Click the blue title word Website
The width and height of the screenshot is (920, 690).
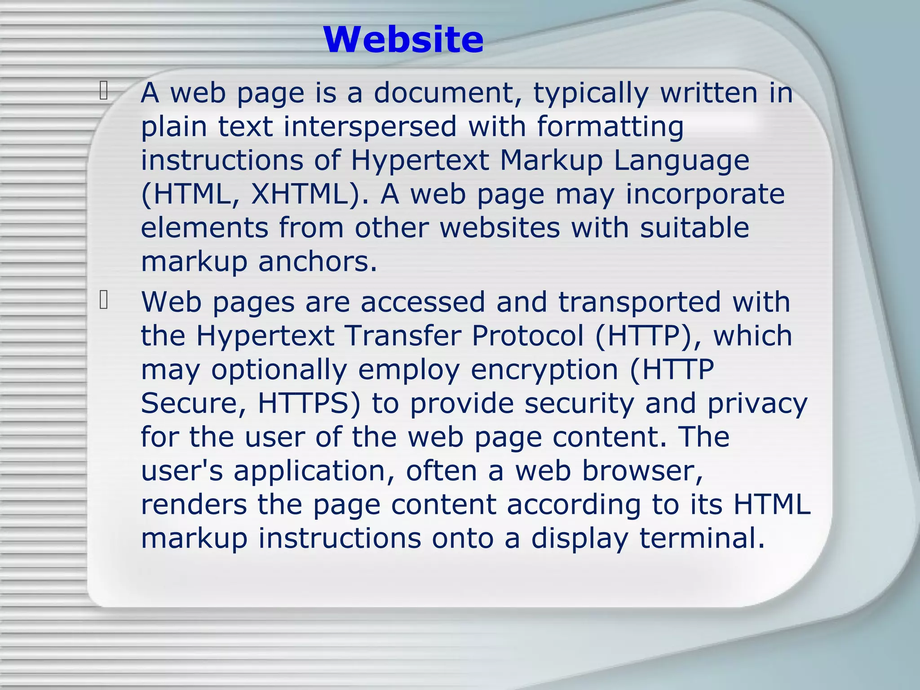(403, 40)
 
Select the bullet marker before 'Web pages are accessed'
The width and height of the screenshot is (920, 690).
(104, 300)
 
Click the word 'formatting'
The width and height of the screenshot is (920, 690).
(610, 127)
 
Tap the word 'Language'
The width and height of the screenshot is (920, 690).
(681, 161)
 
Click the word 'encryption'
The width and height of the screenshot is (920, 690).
(544, 370)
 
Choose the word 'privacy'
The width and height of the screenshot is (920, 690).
(757, 404)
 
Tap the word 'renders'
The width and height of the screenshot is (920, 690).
(194, 504)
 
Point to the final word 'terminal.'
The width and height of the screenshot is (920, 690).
(702, 538)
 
